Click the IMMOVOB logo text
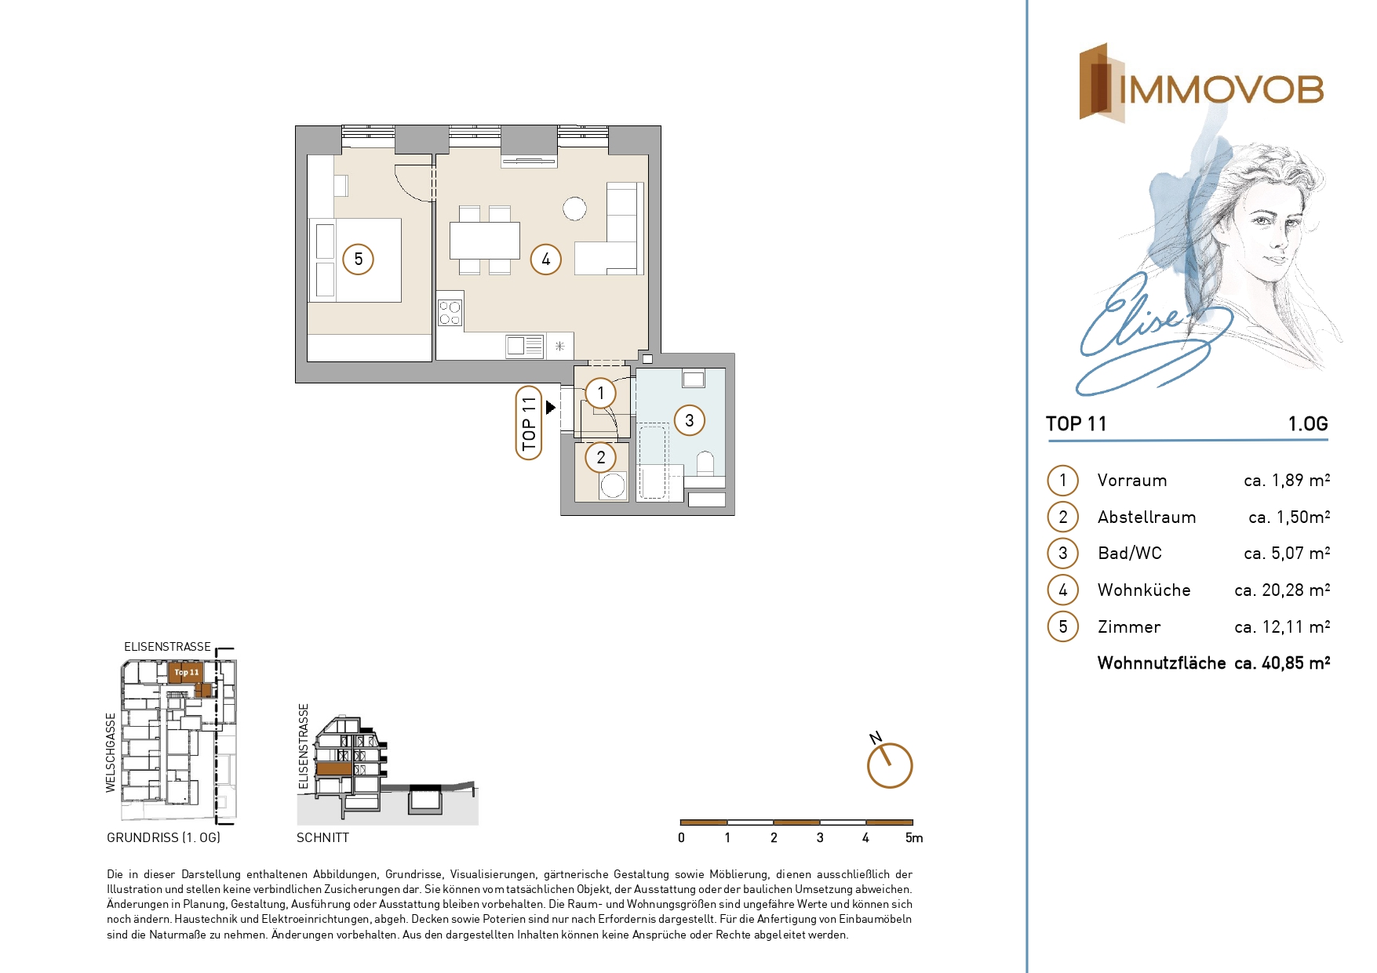pos(1221,89)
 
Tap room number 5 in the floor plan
pos(359,260)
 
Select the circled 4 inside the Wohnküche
pos(546,260)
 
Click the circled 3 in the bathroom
pos(689,420)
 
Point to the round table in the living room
pos(574,209)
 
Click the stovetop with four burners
pos(450,313)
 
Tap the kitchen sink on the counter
pos(525,346)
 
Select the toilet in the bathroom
pos(705,463)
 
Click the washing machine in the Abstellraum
pos(613,486)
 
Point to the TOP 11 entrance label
pos(529,423)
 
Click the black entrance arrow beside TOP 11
pos(551,408)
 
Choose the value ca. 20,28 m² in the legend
pos(1282,590)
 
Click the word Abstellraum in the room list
pos(1146,517)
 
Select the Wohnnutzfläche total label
pos(1161,663)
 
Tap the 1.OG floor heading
pos(1308,424)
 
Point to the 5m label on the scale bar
pos(914,838)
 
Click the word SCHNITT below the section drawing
pos(322,838)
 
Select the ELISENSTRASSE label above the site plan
pos(167,647)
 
